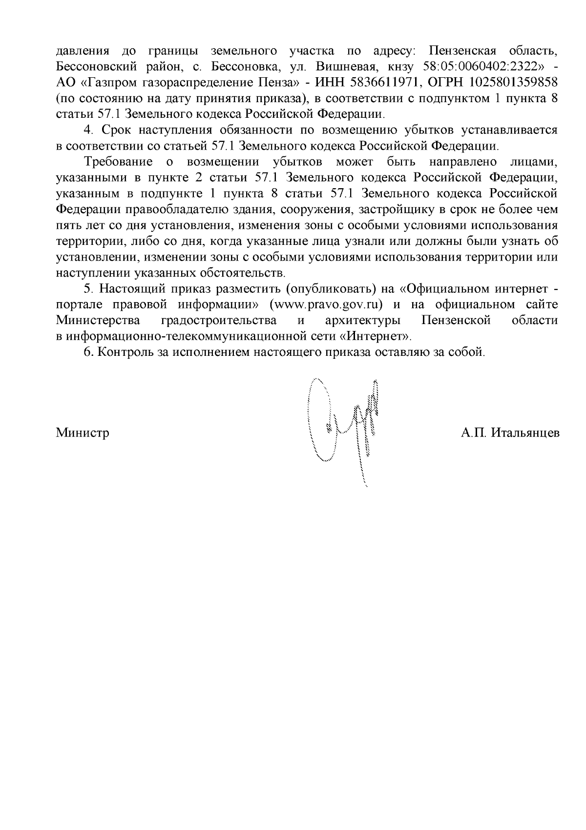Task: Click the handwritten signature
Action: tap(345, 425)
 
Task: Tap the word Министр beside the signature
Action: tap(83, 433)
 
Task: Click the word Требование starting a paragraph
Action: tap(119, 162)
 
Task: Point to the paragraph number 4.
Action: tap(88, 130)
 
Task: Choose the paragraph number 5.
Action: tap(88, 289)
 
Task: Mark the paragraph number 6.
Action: tap(88, 352)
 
